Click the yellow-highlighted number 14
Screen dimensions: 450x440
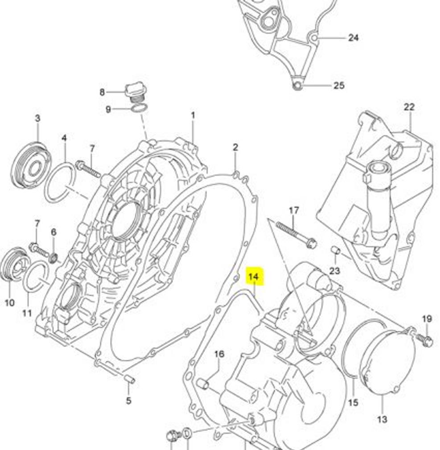pyautogui.click(x=253, y=277)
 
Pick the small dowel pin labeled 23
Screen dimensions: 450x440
pyautogui.click(x=335, y=251)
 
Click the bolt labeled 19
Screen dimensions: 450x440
pyautogui.click(x=426, y=341)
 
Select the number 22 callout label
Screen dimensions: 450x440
pyautogui.click(x=409, y=107)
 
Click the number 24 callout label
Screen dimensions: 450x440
pyautogui.click(x=353, y=38)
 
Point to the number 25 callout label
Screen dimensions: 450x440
pyautogui.click(x=339, y=85)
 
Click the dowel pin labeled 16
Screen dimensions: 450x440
pyautogui.click(x=203, y=383)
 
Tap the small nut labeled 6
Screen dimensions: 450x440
pyautogui.click(x=53, y=258)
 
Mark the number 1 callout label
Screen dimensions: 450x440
pyautogui.click(x=193, y=116)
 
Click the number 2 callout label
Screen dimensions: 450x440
pyautogui.click(x=235, y=147)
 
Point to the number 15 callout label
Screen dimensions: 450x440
pyautogui.click(x=353, y=403)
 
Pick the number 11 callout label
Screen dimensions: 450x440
pyautogui.click(x=27, y=313)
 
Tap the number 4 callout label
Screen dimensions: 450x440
pyautogui.click(x=64, y=138)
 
